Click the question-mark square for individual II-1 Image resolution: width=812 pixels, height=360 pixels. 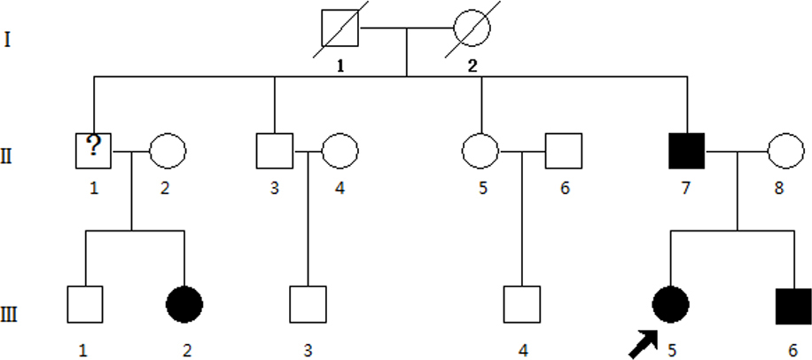[94, 151]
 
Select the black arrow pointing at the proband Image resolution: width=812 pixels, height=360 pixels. [643, 343]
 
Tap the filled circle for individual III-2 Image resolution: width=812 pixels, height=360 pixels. [184, 305]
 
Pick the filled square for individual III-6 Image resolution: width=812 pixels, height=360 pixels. [794, 305]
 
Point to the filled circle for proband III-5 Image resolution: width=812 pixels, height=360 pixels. [669, 305]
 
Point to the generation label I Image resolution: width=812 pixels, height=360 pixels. [8, 40]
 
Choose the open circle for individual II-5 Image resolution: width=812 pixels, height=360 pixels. [480, 151]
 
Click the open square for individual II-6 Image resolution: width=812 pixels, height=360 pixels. [562, 151]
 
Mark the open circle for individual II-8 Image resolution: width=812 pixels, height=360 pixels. [785, 151]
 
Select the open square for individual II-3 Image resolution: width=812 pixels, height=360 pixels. [274, 151]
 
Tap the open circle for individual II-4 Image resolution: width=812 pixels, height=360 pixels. [340, 151]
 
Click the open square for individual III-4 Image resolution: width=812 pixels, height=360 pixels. [521, 305]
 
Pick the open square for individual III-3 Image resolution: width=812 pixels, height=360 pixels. [308, 305]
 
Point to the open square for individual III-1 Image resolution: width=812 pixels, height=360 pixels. [84, 305]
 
